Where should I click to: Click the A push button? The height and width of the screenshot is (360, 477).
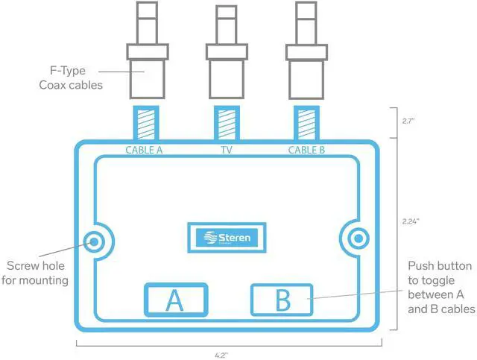point(174,300)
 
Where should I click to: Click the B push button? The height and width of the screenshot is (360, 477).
point(282,300)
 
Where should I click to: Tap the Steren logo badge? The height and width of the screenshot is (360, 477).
point(229,238)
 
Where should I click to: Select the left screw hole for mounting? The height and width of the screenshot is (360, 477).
point(94,240)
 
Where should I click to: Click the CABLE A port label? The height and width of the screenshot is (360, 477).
point(144,150)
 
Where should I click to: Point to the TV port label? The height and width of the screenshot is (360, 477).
point(226,150)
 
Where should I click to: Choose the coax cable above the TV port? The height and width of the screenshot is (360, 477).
point(226,56)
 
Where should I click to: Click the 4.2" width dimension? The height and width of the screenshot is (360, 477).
point(229,356)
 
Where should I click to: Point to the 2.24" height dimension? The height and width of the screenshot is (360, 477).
point(411,221)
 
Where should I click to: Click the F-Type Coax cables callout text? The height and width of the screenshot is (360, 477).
point(71,78)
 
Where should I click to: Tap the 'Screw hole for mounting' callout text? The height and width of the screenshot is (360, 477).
point(37,273)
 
